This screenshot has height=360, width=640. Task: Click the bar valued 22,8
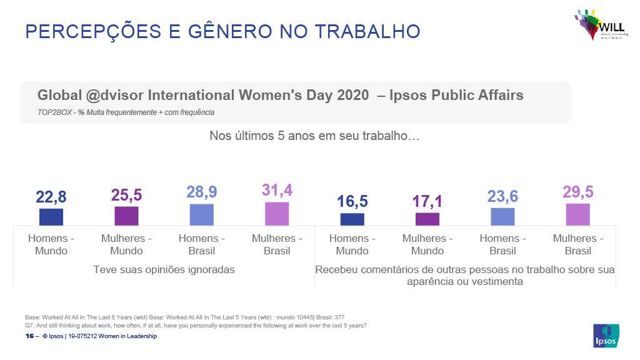coord(51,217)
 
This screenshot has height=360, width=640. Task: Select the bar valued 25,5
coord(126,216)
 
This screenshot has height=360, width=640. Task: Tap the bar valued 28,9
coord(202,214)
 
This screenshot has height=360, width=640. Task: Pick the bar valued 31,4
coord(277,214)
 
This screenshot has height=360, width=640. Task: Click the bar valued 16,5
coord(352,219)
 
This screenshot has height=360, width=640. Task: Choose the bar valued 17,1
coord(427,219)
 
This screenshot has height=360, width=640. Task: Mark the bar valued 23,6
coord(503,216)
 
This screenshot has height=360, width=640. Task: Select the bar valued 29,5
coord(578,214)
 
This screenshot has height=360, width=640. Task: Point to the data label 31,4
coord(277,190)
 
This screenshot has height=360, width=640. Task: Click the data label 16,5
coord(352,201)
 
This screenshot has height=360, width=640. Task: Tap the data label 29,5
coord(578,192)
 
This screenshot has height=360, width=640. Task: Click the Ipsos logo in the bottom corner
coord(606,335)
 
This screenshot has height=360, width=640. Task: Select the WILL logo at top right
coord(596,25)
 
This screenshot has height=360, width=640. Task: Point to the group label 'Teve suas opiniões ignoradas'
coord(164,270)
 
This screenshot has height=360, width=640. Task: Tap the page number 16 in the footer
coord(29,336)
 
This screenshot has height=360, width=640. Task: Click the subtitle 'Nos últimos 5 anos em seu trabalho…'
coord(314,135)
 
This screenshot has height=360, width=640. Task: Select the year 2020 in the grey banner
coord(352,96)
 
